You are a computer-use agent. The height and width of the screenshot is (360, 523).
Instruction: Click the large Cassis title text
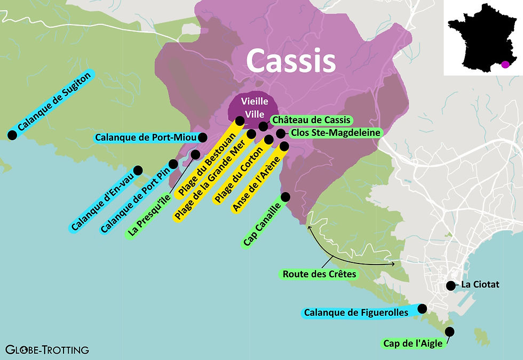[291, 60]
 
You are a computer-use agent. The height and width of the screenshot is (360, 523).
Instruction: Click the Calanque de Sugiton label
[53, 102]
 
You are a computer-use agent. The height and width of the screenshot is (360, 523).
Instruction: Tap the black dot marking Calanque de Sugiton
[11, 134]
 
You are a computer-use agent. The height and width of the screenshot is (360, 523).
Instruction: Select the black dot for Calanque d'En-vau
[138, 170]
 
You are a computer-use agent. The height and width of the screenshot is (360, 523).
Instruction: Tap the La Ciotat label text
[480, 285]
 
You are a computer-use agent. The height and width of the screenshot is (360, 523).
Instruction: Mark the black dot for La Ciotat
[450, 285]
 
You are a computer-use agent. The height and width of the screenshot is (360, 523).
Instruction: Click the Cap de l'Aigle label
[413, 343]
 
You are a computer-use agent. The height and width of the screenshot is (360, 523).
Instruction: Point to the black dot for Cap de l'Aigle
[449, 331]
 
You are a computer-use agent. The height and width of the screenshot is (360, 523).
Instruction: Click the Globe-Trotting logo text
[47, 350]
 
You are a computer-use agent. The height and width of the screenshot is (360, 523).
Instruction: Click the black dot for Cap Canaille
[286, 196]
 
